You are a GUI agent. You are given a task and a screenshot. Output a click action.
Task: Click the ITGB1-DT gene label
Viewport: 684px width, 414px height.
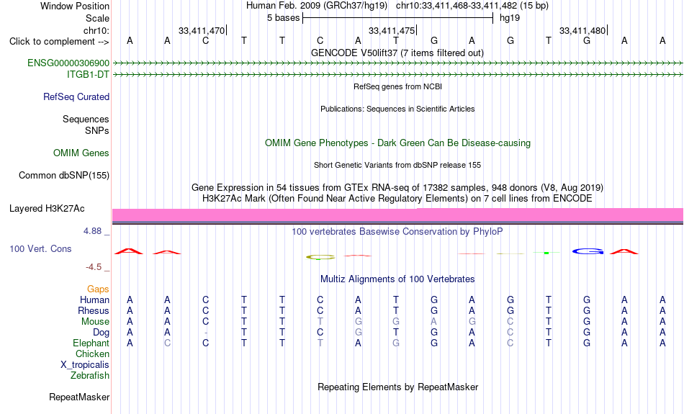pyautogui.click(x=88, y=75)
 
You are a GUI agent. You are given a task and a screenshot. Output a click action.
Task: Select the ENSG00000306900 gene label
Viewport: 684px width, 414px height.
pyautogui.click(x=68, y=63)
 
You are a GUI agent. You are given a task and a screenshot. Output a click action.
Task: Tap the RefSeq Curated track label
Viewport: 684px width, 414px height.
pyautogui.click(x=76, y=97)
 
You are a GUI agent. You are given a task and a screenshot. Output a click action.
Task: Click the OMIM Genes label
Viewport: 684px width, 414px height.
pyautogui.click(x=81, y=153)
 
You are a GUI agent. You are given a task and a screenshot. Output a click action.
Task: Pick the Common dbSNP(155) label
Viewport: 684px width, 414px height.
pyautogui.click(x=64, y=176)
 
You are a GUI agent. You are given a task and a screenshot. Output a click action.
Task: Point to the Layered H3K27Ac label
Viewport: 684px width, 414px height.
pyautogui.click(x=47, y=209)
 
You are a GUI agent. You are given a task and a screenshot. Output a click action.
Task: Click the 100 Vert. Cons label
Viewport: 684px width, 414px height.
pyautogui.click(x=40, y=248)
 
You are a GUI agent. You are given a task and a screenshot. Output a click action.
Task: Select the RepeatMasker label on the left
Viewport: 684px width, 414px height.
pyautogui.click(x=79, y=397)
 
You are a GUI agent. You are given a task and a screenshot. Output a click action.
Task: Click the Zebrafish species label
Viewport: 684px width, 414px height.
pyautogui.click(x=90, y=376)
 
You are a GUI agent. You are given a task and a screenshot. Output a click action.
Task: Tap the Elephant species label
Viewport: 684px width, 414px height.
pyautogui.click(x=91, y=343)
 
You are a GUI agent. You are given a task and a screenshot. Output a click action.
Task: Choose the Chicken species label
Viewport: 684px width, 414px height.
pyautogui.click(x=92, y=354)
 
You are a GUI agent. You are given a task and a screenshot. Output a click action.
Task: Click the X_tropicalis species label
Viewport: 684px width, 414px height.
pyautogui.click(x=85, y=365)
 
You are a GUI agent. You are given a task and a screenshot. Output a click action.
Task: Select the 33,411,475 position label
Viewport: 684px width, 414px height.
pyautogui.click(x=391, y=31)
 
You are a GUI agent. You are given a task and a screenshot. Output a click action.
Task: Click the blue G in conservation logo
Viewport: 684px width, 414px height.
pyautogui.click(x=588, y=252)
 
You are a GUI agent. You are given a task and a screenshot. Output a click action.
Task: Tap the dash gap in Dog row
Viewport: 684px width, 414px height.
pyautogui.click(x=205, y=333)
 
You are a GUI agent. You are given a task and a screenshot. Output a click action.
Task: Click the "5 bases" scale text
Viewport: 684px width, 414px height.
pyautogui.click(x=284, y=18)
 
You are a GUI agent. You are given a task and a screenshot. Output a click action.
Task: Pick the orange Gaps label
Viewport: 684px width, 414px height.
pyautogui.click(x=98, y=289)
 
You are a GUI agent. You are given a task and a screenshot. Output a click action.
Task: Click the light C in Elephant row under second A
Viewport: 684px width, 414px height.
pyautogui.click(x=167, y=343)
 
